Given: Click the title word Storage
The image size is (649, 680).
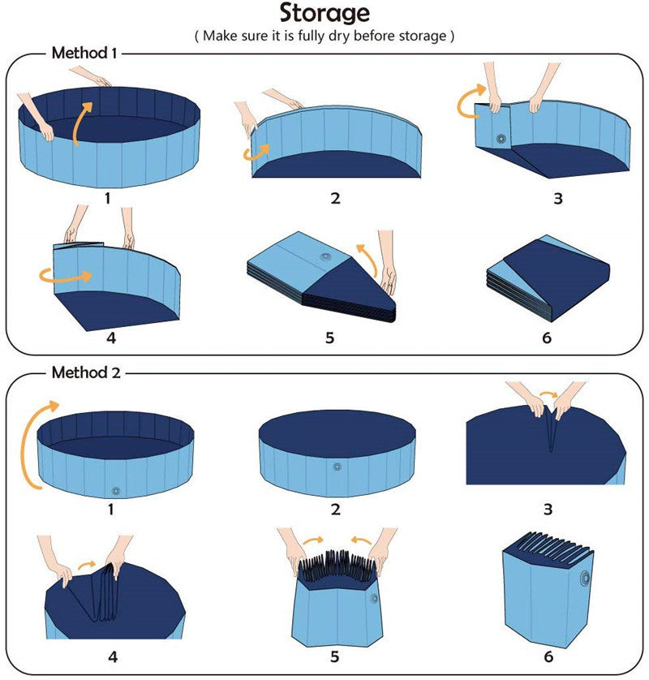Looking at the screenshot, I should [x=324, y=14].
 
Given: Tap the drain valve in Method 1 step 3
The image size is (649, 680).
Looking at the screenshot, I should [x=500, y=139].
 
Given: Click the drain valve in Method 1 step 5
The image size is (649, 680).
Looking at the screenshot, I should [x=326, y=257].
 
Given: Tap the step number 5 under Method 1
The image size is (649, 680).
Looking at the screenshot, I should [x=329, y=337].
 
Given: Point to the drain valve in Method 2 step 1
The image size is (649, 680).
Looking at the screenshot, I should [x=115, y=490].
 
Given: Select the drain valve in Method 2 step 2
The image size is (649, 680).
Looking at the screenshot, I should [x=337, y=467].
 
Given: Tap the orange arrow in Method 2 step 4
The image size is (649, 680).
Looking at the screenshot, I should [x=85, y=561].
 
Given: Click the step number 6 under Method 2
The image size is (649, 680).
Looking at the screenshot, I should [x=548, y=656].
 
